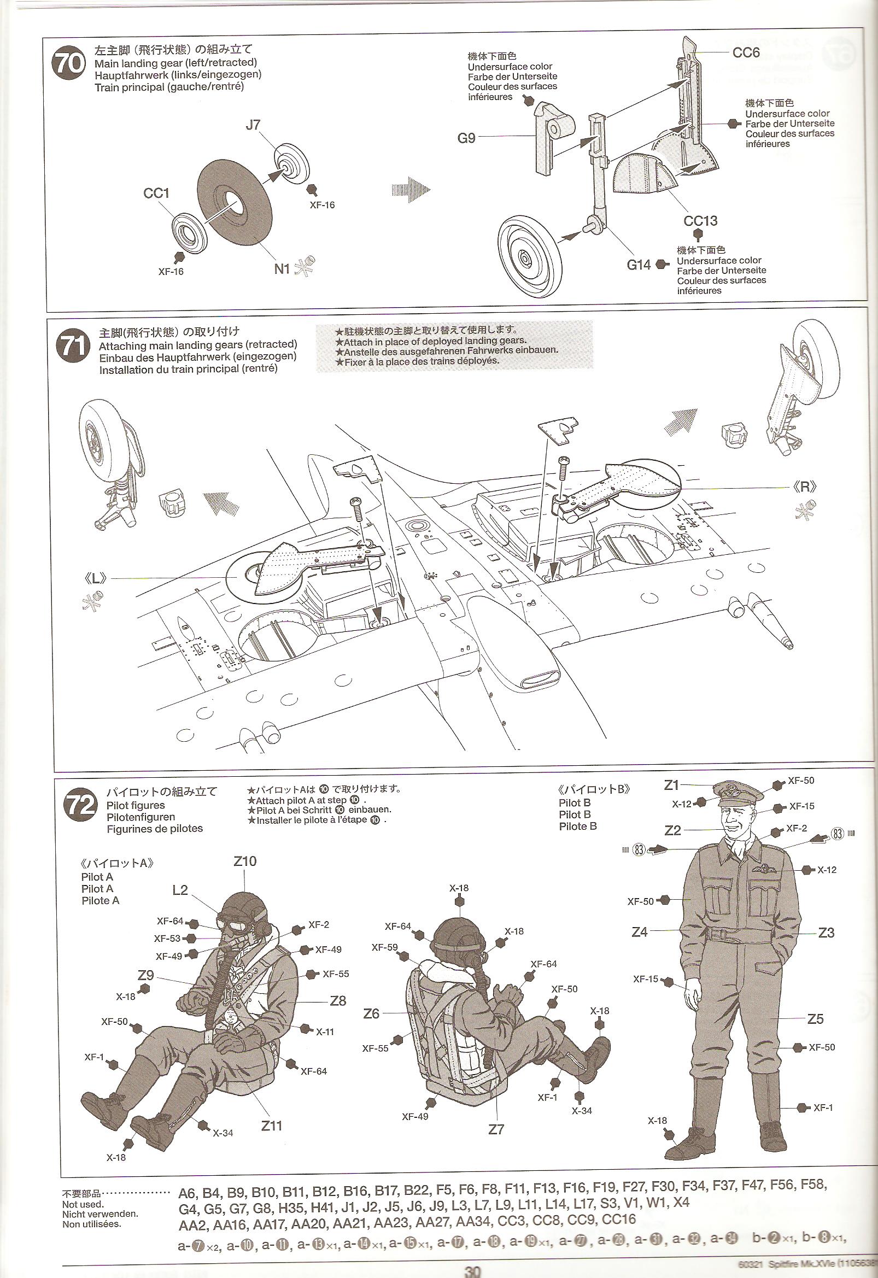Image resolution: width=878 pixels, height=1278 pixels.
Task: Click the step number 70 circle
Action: [x=68, y=63]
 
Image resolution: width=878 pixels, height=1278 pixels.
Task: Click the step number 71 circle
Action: [x=73, y=347]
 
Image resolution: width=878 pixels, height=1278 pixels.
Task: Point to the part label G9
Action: [x=466, y=138]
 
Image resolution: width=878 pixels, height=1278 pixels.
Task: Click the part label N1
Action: [x=282, y=268]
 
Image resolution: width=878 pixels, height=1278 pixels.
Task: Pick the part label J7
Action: [x=253, y=125]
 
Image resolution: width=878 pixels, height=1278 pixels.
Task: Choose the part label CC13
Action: [x=700, y=221]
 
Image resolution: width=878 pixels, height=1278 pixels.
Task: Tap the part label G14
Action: [x=639, y=265]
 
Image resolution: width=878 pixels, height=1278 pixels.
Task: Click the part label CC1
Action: [x=156, y=194]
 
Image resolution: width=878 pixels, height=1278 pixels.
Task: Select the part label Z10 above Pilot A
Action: [x=245, y=861]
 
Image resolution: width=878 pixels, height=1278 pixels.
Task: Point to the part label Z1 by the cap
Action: [x=671, y=785]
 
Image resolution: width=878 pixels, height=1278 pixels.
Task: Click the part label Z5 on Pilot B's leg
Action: [x=815, y=1019]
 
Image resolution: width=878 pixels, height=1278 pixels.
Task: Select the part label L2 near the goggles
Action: [x=180, y=890]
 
